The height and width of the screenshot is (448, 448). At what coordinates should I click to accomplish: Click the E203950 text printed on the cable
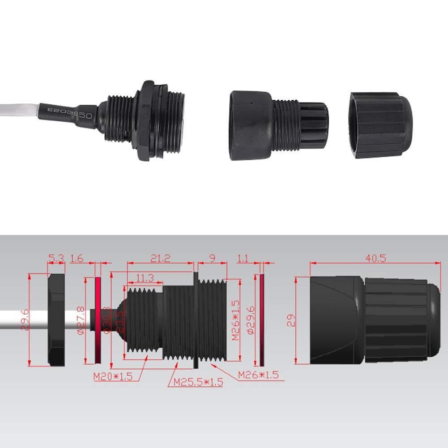70,111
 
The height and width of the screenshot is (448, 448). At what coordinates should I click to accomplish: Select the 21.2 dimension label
160,258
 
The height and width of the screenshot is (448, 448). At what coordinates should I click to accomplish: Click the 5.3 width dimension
56,258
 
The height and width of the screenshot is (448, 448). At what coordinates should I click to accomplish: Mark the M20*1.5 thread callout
113,376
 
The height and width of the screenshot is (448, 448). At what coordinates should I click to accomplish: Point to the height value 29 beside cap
291,320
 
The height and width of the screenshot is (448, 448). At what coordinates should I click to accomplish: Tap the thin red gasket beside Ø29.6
262,320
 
